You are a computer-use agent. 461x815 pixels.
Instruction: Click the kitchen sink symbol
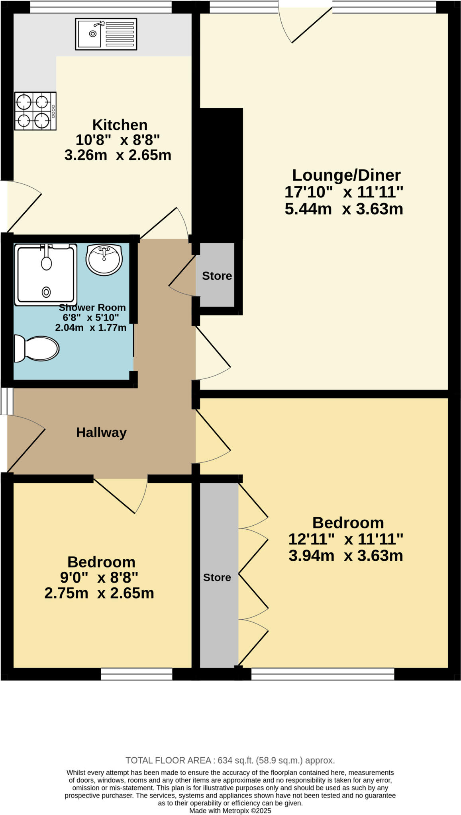[x=106, y=34]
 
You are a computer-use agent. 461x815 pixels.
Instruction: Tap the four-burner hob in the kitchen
[x=35, y=111]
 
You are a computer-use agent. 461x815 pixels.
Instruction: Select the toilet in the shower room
[x=37, y=349]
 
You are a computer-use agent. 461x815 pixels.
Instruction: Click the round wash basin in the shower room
[x=104, y=259]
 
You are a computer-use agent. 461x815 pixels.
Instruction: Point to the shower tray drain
[x=46, y=292]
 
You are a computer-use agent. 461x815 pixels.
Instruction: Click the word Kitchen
[x=120, y=125]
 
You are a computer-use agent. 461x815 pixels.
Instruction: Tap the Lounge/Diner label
[x=346, y=175]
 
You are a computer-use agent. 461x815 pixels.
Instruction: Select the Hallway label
[x=101, y=433]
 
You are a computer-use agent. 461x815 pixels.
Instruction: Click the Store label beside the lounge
[x=217, y=276]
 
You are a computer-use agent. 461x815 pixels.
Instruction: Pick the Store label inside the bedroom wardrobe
[x=217, y=577]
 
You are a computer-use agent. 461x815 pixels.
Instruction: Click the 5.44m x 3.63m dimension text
[x=343, y=209]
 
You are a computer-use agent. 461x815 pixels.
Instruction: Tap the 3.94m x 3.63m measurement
[x=345, y=556]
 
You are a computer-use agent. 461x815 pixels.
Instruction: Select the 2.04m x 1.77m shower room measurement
[x=90, y=328]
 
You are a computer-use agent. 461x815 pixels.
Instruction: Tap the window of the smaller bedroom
[x=136, y=674]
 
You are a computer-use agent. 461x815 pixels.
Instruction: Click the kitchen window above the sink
[x=101, y=7]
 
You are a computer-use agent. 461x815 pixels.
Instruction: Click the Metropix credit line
[x=230, y=811]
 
